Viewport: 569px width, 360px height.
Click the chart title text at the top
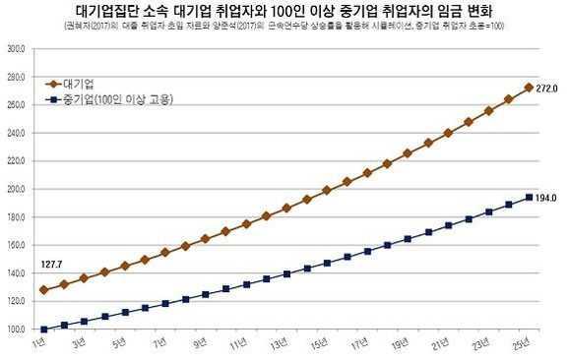284,11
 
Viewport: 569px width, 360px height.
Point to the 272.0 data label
546,89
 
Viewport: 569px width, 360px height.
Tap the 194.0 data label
546,198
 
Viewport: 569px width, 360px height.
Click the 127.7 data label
52,265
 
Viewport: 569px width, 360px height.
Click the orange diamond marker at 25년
529,88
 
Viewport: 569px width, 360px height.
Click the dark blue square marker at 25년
529,197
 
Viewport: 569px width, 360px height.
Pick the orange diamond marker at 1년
43,290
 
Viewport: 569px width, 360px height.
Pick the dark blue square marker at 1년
43,330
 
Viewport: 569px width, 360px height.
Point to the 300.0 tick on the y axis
16,48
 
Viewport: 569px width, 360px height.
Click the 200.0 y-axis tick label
16,189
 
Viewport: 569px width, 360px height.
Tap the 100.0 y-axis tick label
16,330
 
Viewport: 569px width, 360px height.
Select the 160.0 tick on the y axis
16,245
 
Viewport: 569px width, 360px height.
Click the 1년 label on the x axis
39,342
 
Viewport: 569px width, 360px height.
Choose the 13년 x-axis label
280,343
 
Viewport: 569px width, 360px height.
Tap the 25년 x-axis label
523,343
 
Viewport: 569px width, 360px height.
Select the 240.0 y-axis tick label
16,133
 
